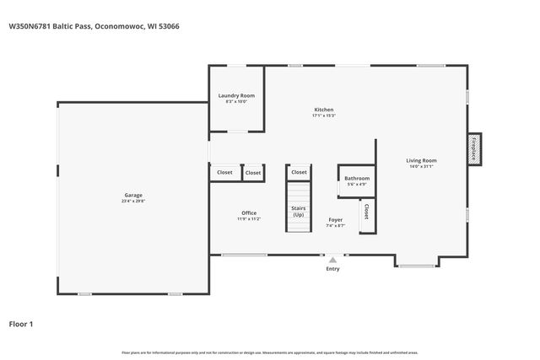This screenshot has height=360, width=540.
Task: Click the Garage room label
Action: (x=133, y=196)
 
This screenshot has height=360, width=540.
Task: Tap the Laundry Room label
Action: (x=235, y=96)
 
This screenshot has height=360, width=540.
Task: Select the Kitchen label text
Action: (x=324, y=110)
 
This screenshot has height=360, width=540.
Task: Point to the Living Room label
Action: (x=421, y=160)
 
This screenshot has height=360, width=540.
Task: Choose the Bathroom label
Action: (x=357, y=178)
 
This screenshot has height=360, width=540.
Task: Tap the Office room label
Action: (x=248, y=213)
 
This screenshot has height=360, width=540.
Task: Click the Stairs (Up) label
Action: (x=299, y=211)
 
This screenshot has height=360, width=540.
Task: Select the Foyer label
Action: (x=336, y=220)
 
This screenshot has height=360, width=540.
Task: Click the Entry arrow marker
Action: (x=332, y=261)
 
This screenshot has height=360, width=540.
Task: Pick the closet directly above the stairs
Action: (x=299, y=172)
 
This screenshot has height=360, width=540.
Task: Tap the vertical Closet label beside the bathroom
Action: (x=366, y=209)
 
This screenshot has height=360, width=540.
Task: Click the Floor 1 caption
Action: (x=21, y=323)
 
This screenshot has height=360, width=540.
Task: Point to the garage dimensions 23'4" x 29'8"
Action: (x=133, y=201)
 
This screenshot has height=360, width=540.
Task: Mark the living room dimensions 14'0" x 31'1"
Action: (x=421, y=166)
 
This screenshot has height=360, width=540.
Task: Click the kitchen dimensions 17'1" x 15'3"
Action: (x=324, y=116)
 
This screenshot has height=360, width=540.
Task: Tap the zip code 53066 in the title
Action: (x=169, y=26)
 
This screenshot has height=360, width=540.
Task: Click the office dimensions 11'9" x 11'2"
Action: (x=248, y=219)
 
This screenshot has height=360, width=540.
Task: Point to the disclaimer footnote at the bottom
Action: (x=270, y=352)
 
